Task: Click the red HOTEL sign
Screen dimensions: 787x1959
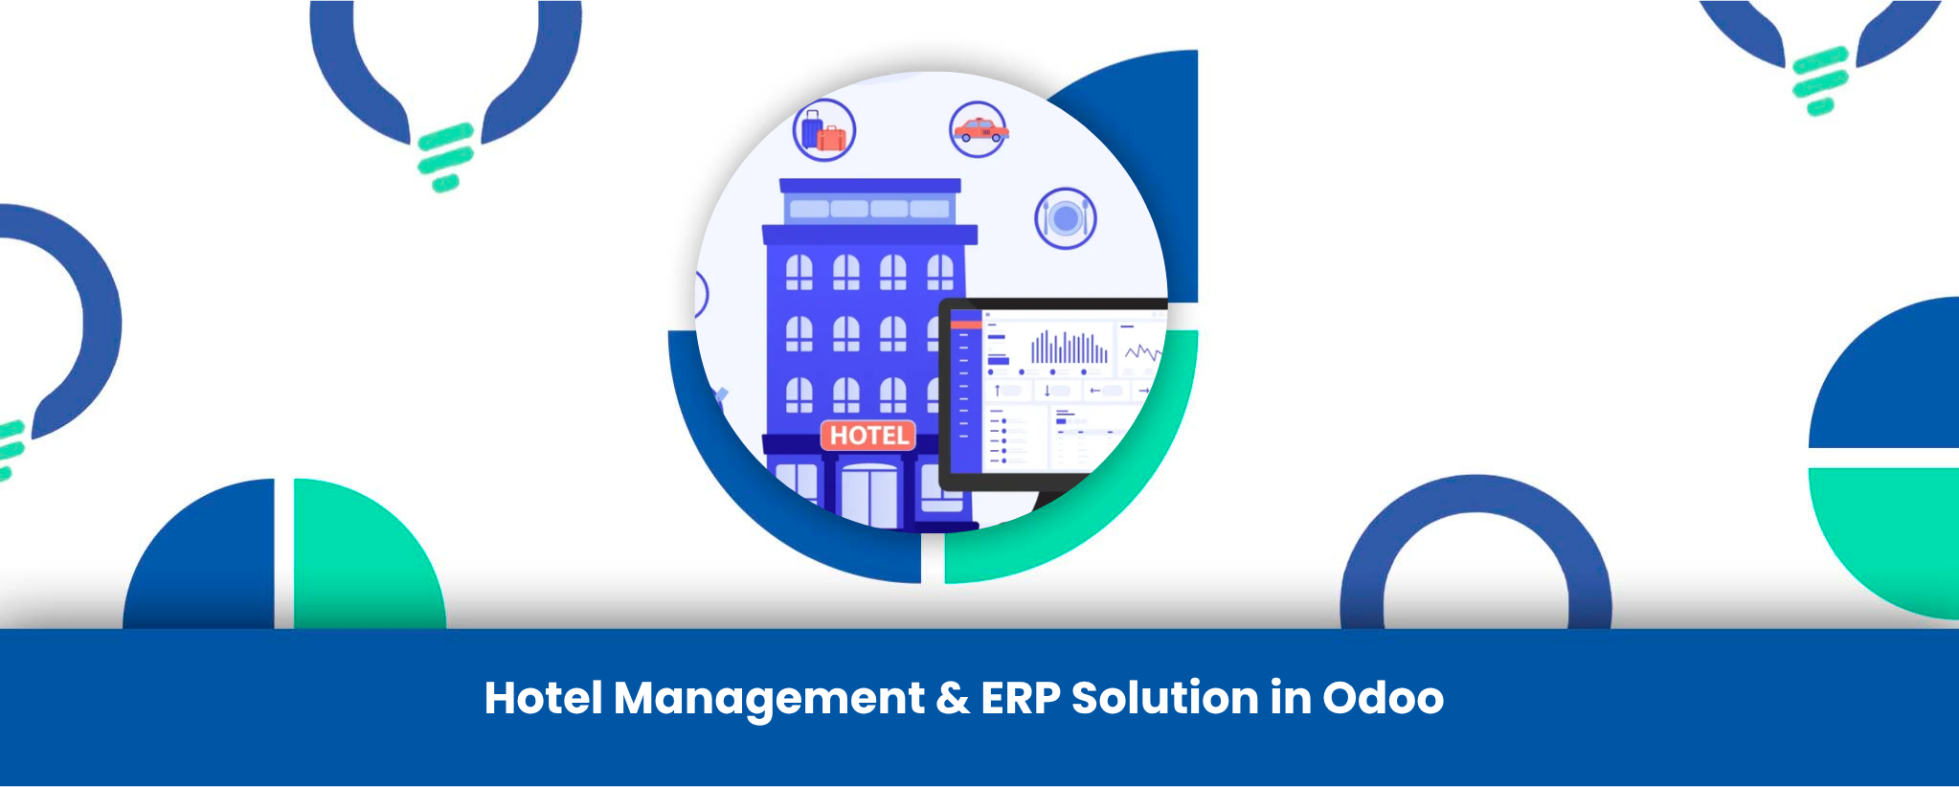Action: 868,436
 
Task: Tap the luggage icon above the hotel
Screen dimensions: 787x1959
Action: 823,130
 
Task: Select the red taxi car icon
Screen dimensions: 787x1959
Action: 979,129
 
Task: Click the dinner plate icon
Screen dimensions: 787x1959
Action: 1065,218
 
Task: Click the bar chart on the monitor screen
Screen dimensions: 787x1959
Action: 1068,348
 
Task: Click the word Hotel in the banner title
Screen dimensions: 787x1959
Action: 544,698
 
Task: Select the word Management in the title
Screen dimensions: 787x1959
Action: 769,699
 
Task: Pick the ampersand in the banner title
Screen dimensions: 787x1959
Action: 953,698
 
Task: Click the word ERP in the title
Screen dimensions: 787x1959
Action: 1020,698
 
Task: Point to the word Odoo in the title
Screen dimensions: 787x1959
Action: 1383,698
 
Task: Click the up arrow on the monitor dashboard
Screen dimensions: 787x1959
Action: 997,390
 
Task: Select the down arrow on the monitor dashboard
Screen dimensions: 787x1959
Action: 1047,391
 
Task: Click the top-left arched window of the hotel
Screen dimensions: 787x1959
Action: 799,272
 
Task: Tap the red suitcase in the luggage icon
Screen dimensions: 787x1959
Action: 831,140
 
